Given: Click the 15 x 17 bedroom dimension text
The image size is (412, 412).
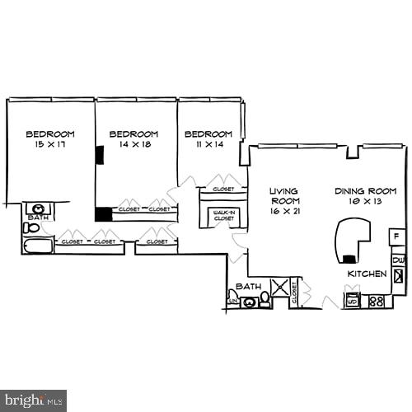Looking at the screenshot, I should click(50, 144).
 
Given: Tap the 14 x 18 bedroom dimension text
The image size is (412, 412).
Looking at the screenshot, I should click(133, 144).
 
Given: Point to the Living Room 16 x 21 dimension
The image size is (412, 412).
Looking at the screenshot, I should click(285, 211).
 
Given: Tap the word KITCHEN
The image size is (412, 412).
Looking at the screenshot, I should click(367, 274).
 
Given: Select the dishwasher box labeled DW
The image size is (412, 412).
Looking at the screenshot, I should click(398, 260).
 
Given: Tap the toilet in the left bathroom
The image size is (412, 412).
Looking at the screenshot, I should click(31, 227).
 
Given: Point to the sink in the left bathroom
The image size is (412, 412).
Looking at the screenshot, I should click(38, 208).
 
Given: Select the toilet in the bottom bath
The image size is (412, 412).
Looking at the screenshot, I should click(265, 299).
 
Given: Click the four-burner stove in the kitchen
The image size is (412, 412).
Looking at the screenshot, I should click(377, 301).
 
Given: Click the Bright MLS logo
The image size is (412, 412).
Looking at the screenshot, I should click(33, 400).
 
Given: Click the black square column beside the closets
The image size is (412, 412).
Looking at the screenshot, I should click(103, 213).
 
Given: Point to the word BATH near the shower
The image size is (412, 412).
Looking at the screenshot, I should click(248, 287).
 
